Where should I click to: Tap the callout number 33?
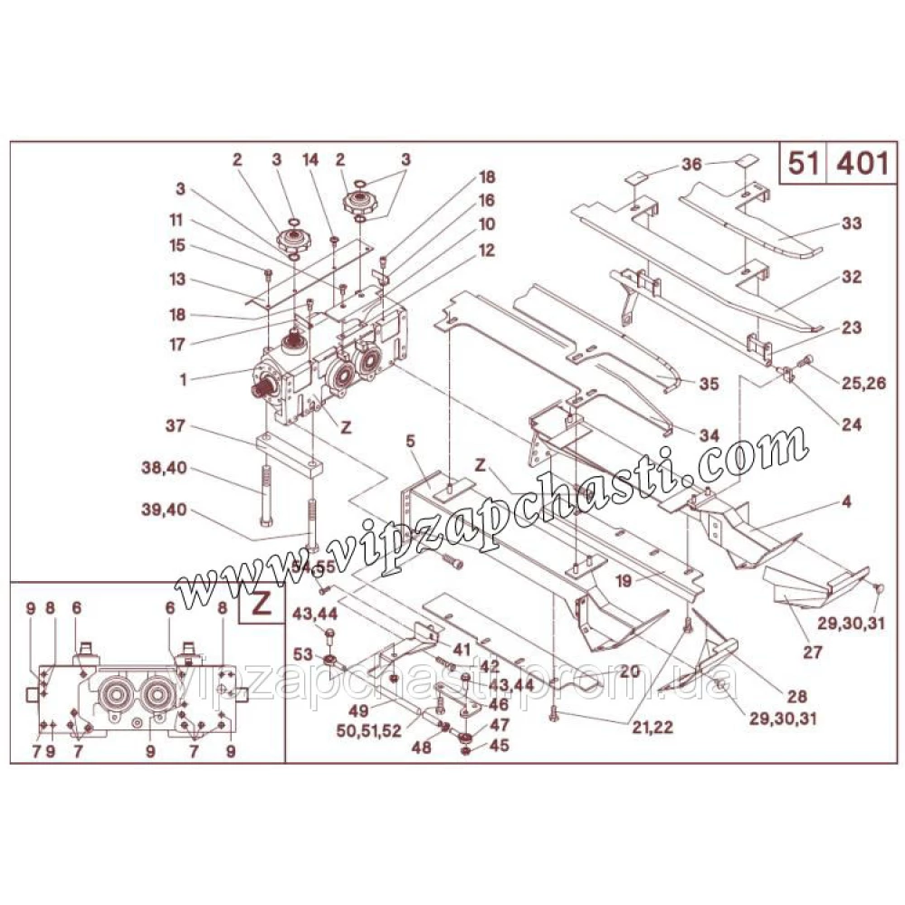852,223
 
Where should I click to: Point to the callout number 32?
852,276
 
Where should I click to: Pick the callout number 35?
709,384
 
